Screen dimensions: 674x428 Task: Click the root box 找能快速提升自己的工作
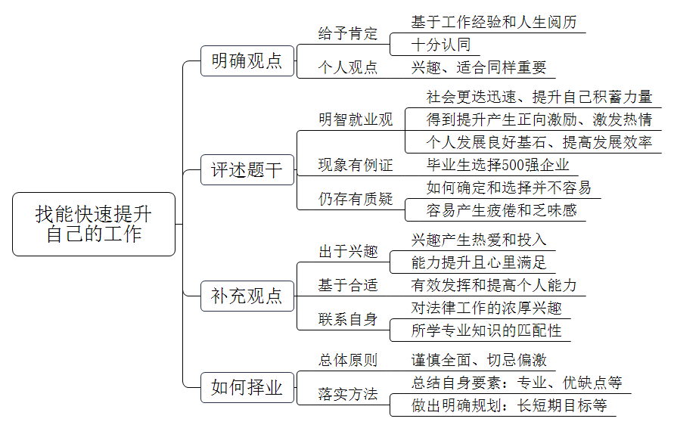tap(94, 225)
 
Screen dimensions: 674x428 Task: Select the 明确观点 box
tap(247, 61)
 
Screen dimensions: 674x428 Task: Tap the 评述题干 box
tap(247, 169)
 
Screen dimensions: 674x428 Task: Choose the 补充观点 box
tap(247, 296)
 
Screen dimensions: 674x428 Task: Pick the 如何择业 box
tap(247, 388)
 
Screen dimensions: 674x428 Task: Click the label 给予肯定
tap(348, 33)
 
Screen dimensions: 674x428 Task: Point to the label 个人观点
tap(348, 67)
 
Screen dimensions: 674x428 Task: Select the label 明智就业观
tap(356, 119)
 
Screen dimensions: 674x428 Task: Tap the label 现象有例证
tap(356, 165)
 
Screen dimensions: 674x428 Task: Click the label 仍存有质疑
tap(356, 199)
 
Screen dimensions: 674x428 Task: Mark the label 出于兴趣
tap(348, 251)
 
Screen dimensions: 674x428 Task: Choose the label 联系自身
tap(348, 319)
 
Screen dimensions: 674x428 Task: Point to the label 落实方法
tap(348, 394)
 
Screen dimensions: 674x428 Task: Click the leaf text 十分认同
tap(441, 45)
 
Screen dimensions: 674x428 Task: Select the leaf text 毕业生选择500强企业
tap(498, 165)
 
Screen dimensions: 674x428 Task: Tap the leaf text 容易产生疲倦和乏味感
tap(502, 210)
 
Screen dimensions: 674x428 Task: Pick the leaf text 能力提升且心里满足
tap(479, 262)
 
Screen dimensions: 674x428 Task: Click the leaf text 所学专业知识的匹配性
tap(486, 330)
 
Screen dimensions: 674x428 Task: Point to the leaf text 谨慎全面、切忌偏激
tap(479, 360)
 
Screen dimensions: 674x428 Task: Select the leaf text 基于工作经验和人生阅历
tap(494, 22)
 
